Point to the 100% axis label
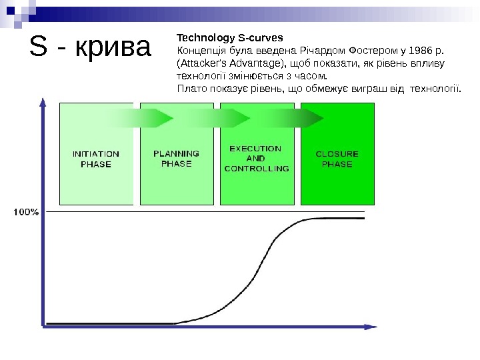[x=26, y=212]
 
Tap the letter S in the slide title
[x=39, y=47]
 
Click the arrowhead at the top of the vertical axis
[x=44, y=100]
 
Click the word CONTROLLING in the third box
[x=257, y=169]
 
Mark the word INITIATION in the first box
[x=96, y=153]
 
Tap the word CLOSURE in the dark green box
[x=337, y=153]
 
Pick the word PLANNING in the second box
[x=176, y=153]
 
